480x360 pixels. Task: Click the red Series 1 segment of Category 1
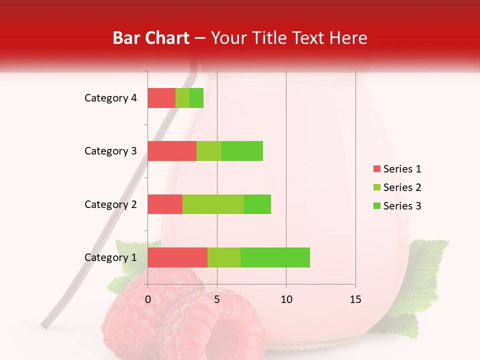click(177, 257)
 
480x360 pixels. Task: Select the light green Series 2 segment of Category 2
click(213, 204)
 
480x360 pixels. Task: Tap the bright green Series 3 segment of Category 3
click(242, 151)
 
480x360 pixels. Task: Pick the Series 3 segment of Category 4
click(196, 98)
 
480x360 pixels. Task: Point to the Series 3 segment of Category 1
click(275, 257)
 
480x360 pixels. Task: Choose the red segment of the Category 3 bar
click(172, 151)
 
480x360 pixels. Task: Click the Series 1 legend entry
click(397, 169)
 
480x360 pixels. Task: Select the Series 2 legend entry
click(397, 187)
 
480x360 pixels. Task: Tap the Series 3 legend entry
click(397, 206)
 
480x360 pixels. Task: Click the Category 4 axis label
click(110, 98)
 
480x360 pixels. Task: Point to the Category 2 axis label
click(110, 204)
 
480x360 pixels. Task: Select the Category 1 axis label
click(110, 257)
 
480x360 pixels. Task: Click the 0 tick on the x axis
click(148, 299)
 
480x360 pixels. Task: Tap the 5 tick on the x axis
click(217, 299)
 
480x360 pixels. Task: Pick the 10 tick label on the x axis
click(286, 299)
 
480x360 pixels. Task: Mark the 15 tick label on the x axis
click(355, 299)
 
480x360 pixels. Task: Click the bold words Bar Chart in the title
click(151, 37)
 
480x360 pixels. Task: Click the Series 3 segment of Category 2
click(257, 204)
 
